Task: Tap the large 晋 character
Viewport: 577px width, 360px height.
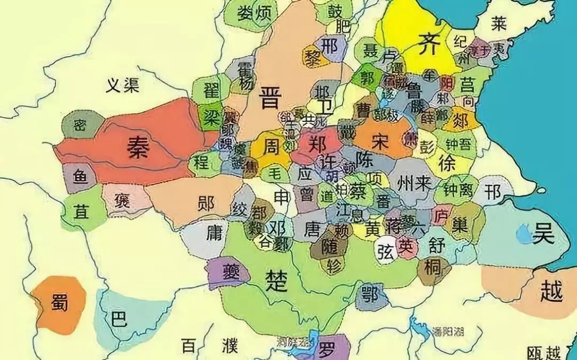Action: tap(270, 98)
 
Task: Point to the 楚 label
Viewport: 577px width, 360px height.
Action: tap(277, 279)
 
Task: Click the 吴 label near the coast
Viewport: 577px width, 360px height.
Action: tap(543, 233)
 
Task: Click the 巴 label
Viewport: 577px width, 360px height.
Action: tap(118, 319)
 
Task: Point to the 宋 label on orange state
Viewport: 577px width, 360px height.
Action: tap(380, 140)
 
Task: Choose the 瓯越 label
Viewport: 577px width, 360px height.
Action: tap(543, 353)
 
